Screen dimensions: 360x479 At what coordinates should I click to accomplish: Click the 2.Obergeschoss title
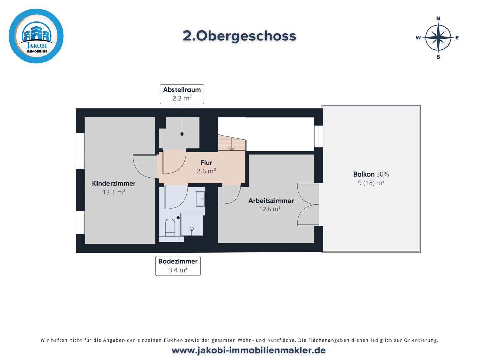239,36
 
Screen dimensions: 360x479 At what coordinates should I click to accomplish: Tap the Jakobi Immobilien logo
36,36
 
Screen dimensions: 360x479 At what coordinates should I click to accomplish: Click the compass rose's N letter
438,18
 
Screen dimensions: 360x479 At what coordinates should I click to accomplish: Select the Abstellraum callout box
182,94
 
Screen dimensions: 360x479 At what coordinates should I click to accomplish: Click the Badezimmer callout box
178,266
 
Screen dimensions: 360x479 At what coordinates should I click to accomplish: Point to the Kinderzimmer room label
114,183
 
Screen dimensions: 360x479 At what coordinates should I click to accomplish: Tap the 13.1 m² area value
114,192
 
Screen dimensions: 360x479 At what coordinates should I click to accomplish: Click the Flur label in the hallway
206,163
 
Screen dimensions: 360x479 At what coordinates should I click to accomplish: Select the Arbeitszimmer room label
271,201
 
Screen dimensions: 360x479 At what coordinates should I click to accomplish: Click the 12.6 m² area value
270,209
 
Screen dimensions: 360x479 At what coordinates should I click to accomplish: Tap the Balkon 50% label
371,174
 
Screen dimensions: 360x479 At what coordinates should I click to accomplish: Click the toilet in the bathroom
170,228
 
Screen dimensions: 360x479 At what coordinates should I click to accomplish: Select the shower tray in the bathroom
191,224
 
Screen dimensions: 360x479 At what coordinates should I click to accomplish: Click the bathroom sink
200,199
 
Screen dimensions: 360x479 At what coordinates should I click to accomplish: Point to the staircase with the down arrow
232,143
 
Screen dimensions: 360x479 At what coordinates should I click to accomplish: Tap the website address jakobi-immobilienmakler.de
248,350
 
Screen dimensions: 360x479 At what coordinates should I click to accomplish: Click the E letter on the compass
457,38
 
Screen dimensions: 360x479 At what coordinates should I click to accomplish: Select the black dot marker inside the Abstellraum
182,134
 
